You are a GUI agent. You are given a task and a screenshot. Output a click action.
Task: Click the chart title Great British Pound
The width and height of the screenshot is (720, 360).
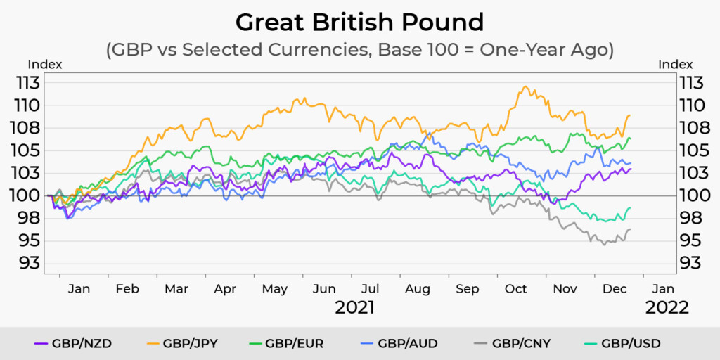pyautogui.click(x=359, y=22)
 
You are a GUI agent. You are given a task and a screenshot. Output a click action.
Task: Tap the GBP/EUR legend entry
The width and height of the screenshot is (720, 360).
pyautogui.click(x=294, y=343)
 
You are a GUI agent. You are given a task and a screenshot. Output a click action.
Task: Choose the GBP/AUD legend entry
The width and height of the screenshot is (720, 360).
pyautogui.click(x=406, y=343)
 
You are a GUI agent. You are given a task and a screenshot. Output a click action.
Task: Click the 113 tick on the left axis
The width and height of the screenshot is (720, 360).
pyautogui.click(x=30, y=83)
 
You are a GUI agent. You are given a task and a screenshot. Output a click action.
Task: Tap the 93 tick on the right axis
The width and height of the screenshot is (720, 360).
pyautogui.click(x=691, y=263)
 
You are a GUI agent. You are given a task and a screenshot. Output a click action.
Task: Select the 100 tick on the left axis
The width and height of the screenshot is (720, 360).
pyautogui.click(x=30, y=195)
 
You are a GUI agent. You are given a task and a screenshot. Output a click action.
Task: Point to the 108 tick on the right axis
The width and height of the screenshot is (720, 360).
pyautogui.click(x=691, y=128)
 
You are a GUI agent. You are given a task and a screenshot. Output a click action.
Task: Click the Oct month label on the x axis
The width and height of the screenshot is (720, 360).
pyautogui.click(x=516, y=289)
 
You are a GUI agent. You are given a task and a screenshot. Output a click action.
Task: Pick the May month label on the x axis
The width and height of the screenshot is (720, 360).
pyautogui.click(x=274, y=289)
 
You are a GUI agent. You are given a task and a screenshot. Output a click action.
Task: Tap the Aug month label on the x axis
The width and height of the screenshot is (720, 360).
pyautogui.click(x=418, y=289)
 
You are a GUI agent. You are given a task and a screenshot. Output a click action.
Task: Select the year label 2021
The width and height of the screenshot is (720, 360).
pyautogui.click(x=354, y=307)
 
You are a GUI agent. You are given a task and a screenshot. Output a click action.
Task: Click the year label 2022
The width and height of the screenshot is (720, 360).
pyautogui.click(x=667, y=307)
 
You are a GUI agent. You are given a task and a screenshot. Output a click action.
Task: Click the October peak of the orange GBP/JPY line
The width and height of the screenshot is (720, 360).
pyautogui.click(x=525, y=86)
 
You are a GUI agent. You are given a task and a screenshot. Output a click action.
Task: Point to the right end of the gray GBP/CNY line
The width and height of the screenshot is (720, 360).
pyautogui.click(x=630, y=229)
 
